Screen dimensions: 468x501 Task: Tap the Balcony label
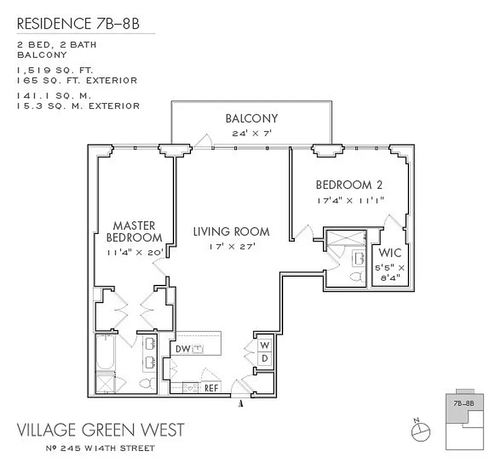tap(251, 119)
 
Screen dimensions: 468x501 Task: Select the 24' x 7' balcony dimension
tap(251, 133)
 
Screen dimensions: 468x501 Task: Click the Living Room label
tap(231, 232)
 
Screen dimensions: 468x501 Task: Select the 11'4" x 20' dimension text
tap(134, 253)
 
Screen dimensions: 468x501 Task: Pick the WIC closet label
tap(390, 254)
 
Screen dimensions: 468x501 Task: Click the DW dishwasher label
tap(182, 349)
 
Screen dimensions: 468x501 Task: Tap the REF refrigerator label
tap(211, 387)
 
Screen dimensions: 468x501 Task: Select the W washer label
tap(264, 344)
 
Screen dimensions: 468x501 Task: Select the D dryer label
tap(264, 357)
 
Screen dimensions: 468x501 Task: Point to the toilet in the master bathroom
tap(146, 384)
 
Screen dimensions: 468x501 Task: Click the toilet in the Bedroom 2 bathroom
tap(356, 276)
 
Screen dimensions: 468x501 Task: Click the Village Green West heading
tap(100, 430)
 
